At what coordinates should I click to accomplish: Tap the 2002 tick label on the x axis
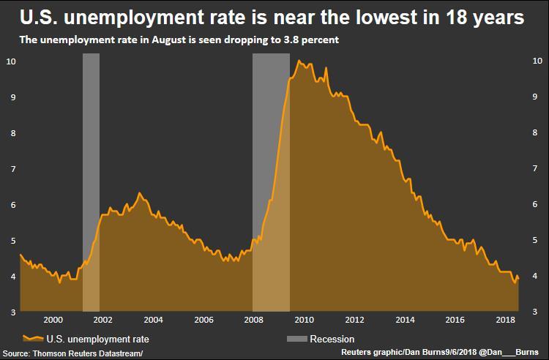pyautogui.click(x=102, y=320)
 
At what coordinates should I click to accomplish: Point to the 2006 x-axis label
pyautogui.click(x=203, y=320)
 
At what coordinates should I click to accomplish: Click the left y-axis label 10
pyautogui.click(x=10, y=61)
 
